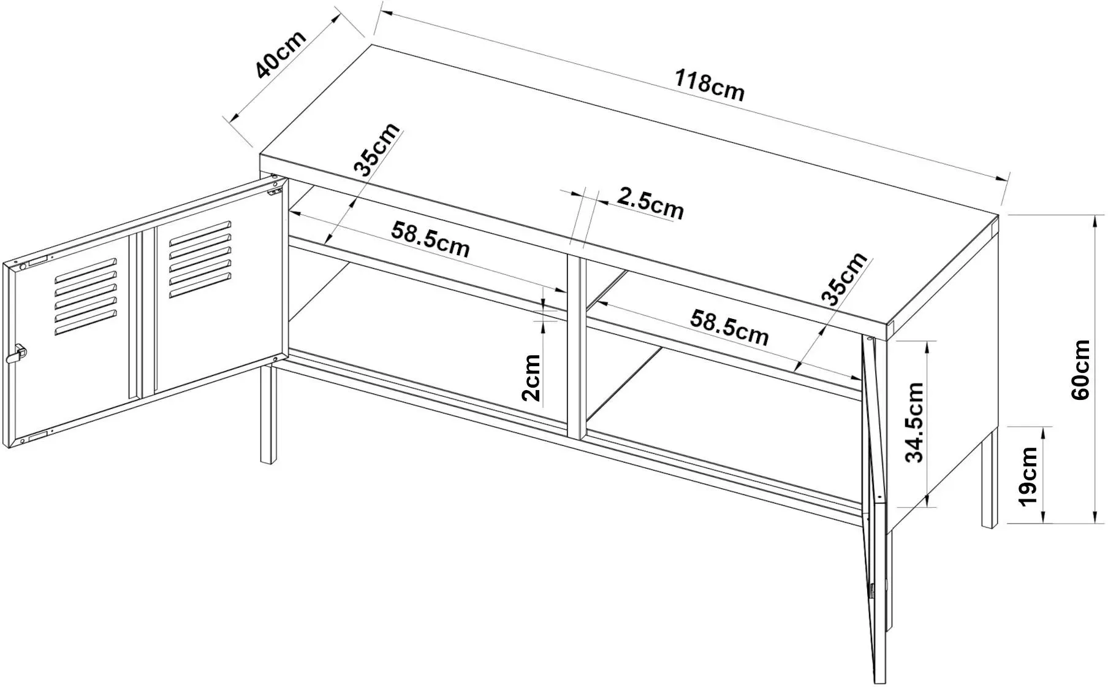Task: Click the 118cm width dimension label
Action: click(x=709, y=86)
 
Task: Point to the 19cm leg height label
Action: click(x=1028, y=477)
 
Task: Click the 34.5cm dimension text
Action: click(x=914, y=422)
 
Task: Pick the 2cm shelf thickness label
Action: click(x=531, y=378)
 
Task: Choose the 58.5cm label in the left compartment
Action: click(x=431, y=239)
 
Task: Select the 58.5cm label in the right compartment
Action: click(x=729, y=328)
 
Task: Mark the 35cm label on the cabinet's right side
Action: click(x=844, y=278)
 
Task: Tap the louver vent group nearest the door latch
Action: click(x=86, y=296)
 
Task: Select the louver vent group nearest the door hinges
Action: click(x=200, y=259)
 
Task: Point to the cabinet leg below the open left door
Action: click(x=268, y=414)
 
